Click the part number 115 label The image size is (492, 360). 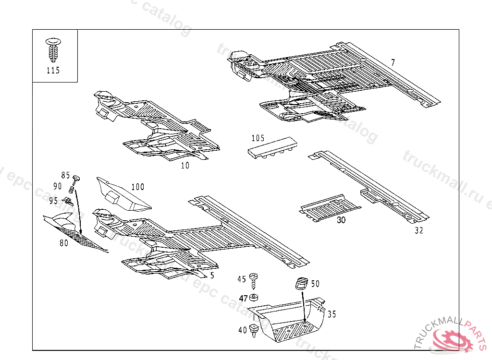[x=53, y=71]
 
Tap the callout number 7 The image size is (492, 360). [x=393, y=62]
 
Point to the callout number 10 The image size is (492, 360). [x=185, y=166]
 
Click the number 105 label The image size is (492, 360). [x=258, y=138]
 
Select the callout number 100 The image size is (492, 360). [x=138, y=187]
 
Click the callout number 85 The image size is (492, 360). [x=65, y=175]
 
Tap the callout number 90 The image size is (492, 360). [x=58, y=186]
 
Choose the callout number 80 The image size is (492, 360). [x=64, y=243]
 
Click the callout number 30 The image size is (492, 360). [x=341, y=220]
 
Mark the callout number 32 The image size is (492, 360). [x=419, y=230]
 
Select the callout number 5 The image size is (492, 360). [x=212, y=276]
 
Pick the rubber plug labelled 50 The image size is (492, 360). [x=301, y=283]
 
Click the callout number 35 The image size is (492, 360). [x=332, y=314]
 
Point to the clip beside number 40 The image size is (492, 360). [x=255, y=330]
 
